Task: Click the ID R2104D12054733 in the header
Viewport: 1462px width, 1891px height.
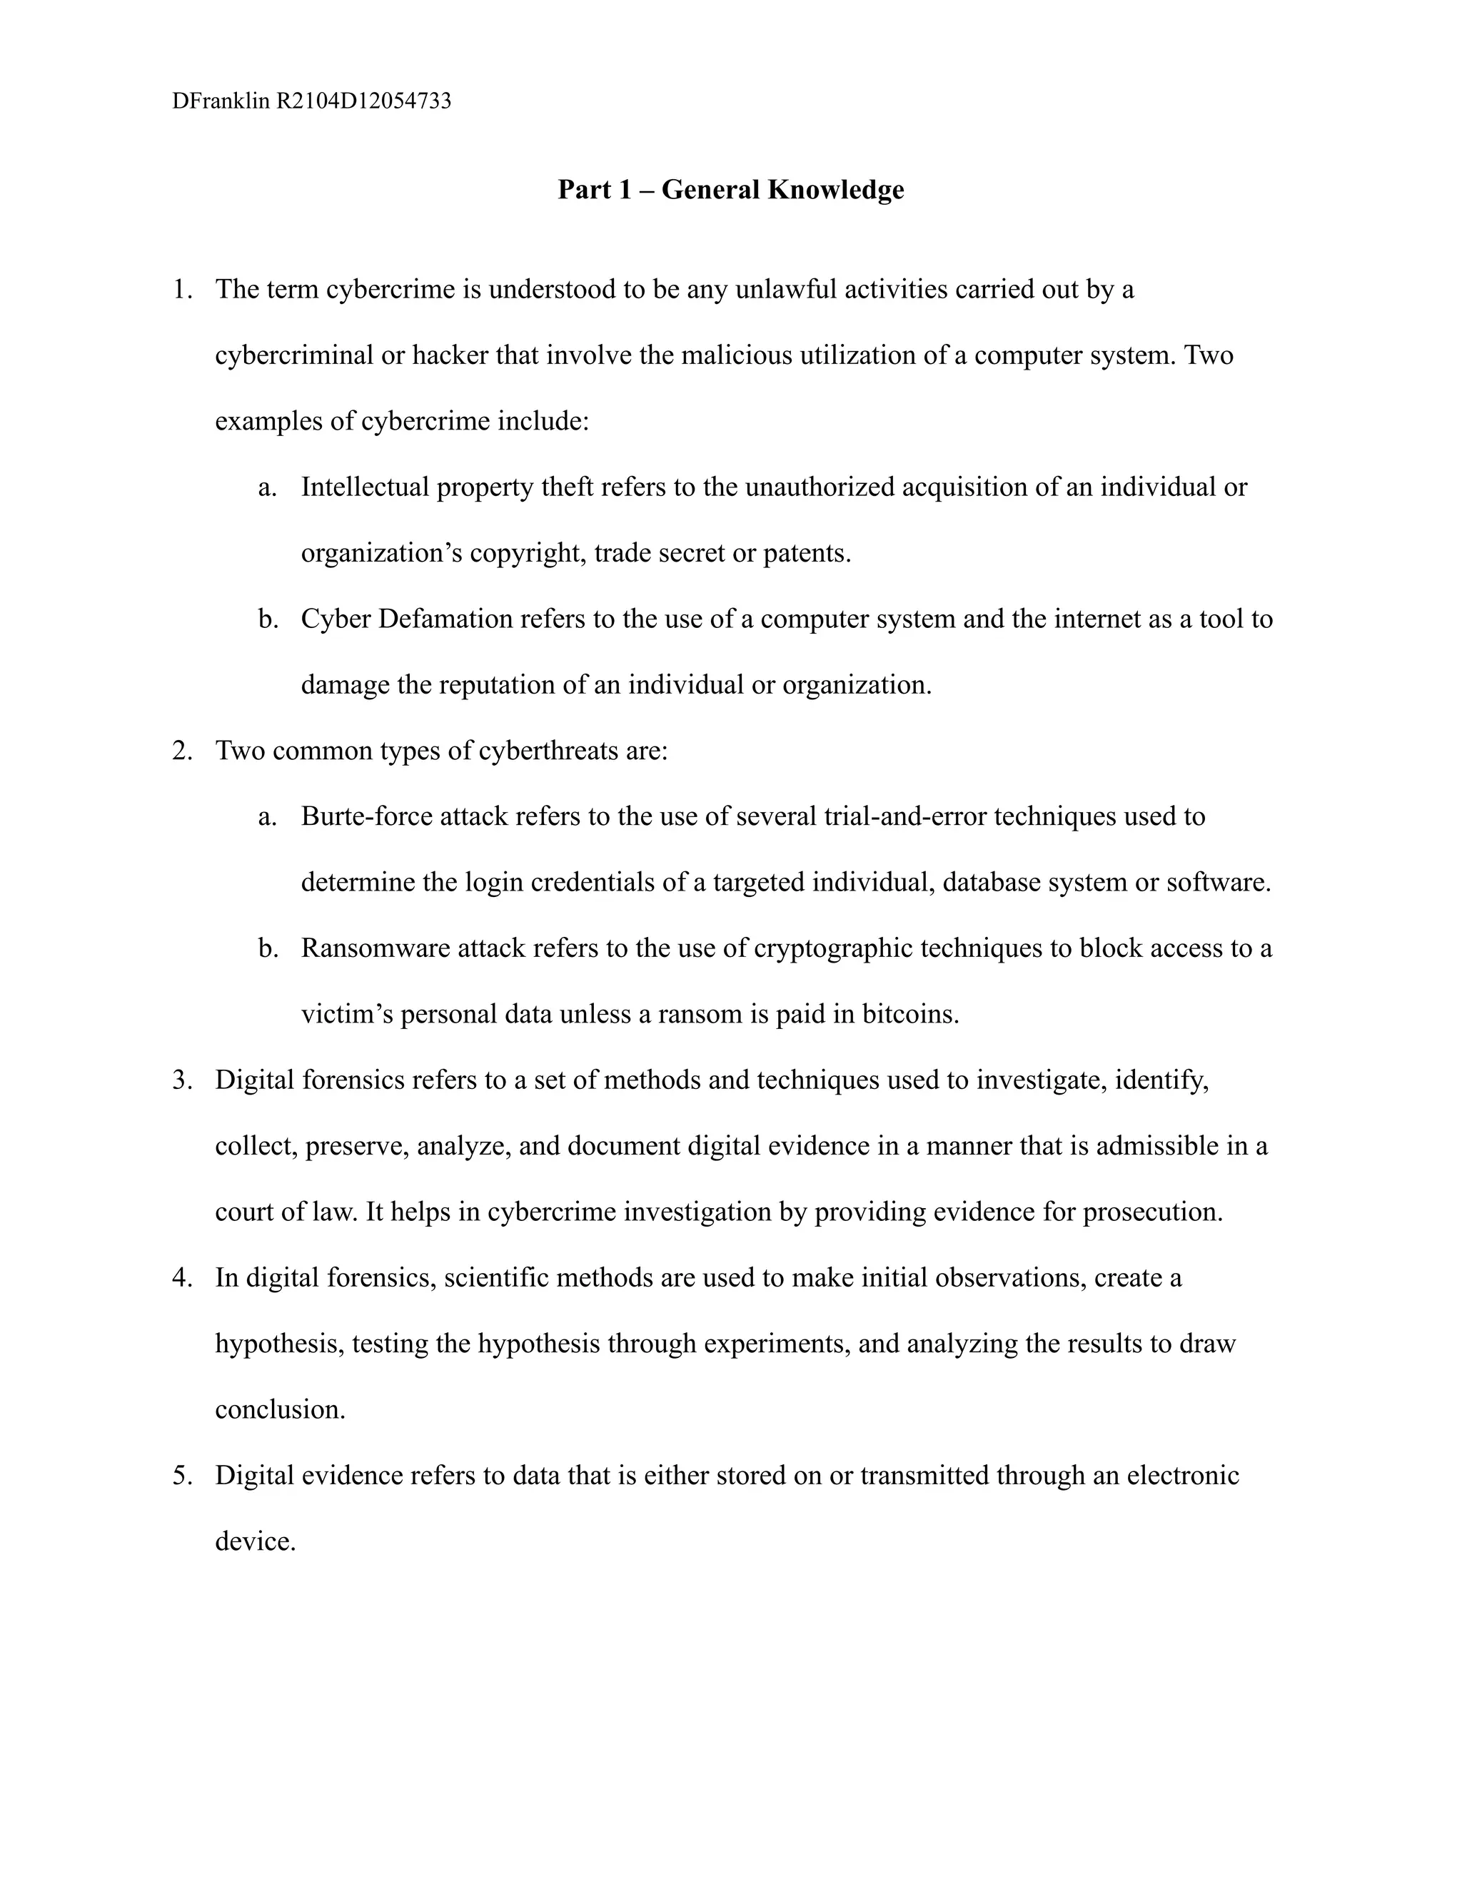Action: click(364, 101)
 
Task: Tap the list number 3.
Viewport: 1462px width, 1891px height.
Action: click(181, 1080)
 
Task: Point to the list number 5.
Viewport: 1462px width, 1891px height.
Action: click(181, 1476)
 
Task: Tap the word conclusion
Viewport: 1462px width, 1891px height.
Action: click(279, 1409)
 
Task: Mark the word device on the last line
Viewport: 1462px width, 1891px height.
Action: click(255, 1541)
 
